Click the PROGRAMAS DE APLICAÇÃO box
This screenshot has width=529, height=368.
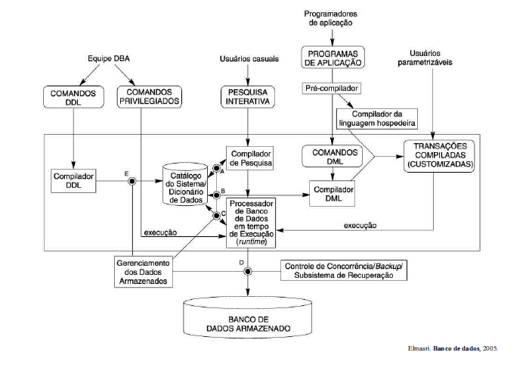334,57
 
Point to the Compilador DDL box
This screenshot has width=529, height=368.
73,181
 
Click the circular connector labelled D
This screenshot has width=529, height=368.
246,271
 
